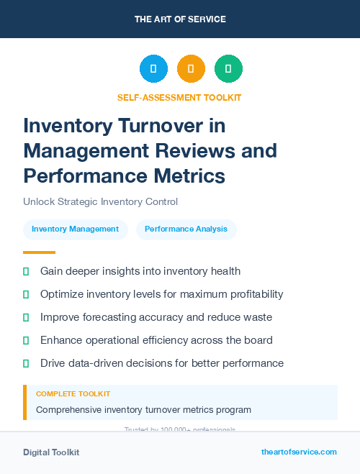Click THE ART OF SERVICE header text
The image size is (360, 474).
coord(180,19)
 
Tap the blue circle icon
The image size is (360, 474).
coord(153,68)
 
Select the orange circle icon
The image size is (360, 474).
coord(191,68)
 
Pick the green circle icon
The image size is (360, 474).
coord(228,68)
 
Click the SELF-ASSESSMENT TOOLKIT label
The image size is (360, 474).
coord(179,97)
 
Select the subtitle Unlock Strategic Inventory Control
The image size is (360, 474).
coord(100,202)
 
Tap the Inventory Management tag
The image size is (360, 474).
coord(75,229)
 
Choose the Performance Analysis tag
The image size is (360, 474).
coord(186,229)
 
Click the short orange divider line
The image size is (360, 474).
coord(39,252)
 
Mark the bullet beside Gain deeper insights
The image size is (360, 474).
coord(26,271)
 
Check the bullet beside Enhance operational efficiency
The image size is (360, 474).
coord(26,340)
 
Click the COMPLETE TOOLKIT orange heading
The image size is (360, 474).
coord(73,394)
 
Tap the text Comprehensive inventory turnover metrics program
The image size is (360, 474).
coord(143,410)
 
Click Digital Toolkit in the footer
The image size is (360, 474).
coord(51,452)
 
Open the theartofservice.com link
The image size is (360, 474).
coord(299,452)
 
